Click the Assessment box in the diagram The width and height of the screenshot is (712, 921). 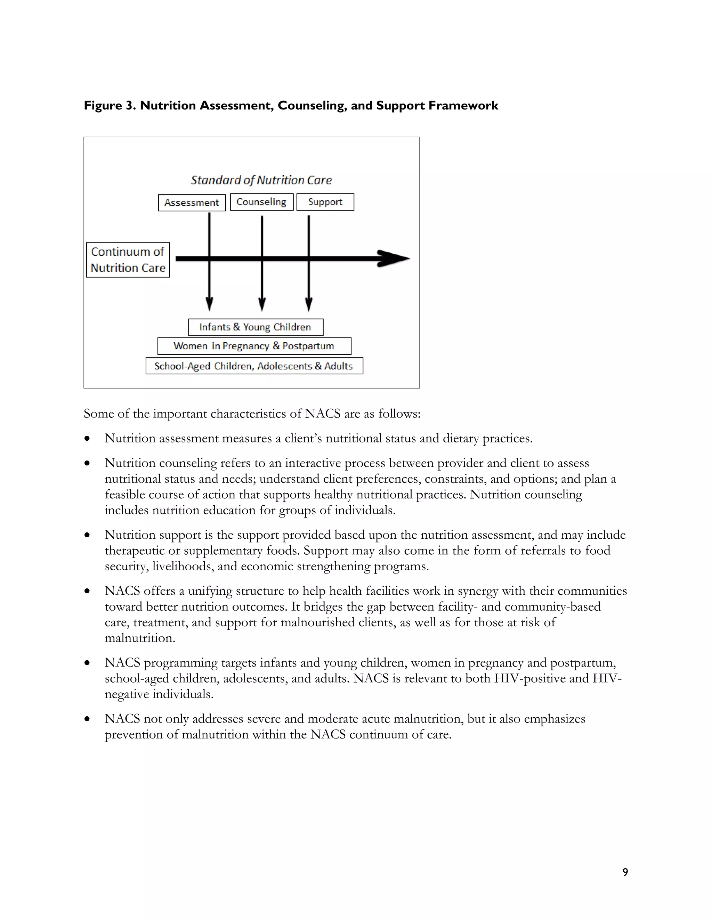pos(192,202)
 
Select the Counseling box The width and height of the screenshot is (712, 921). pos(261,202)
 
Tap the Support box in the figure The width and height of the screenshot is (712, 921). pos(325,202)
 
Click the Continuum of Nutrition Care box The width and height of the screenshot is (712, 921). pos(128,260)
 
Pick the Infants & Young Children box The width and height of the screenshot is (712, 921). pos(256,327)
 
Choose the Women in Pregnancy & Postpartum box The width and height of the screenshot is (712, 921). pos(254,346)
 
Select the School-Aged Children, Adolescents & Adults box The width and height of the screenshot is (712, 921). pos(254,366)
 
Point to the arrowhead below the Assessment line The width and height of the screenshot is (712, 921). pos(209,304)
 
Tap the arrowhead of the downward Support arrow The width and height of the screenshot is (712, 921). pos(309,304)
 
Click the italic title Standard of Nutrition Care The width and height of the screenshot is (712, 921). pos(261,180)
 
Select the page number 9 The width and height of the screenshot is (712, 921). pos(625,872)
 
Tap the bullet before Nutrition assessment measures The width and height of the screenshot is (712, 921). pos(87,439)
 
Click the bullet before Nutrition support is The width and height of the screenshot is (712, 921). pos(87,535)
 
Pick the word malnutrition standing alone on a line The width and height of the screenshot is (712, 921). pos(140,638)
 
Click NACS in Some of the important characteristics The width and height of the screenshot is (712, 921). pos(322,414)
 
